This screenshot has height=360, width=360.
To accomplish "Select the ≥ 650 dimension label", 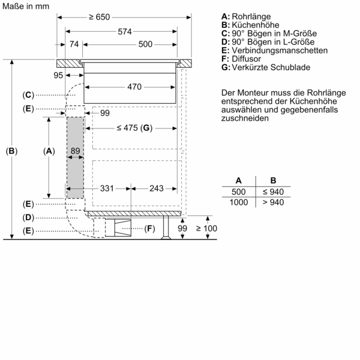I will [x=100, y=17].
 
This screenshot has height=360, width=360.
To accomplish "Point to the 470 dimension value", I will [x=134, y=87].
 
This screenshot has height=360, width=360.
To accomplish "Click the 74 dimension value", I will [x=74, y=44].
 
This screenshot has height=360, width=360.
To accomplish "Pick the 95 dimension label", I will [x=58, y=75].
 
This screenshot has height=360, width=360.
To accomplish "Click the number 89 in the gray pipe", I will [x=75, y=151].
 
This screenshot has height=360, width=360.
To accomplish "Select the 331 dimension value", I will [x=107, y=188].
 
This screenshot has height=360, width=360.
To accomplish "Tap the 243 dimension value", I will [x=155, y=188].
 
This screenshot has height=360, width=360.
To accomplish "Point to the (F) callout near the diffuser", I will [x=149, y=229].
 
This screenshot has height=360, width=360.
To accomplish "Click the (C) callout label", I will [x=28, y=95].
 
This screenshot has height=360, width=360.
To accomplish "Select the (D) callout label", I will [x=28, y=217].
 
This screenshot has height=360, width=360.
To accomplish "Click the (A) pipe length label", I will [x=49, y=152].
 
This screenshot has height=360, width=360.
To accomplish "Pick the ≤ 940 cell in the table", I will [x=273, y=191].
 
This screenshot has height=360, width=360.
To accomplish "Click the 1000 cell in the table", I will [x=239, y=203].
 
